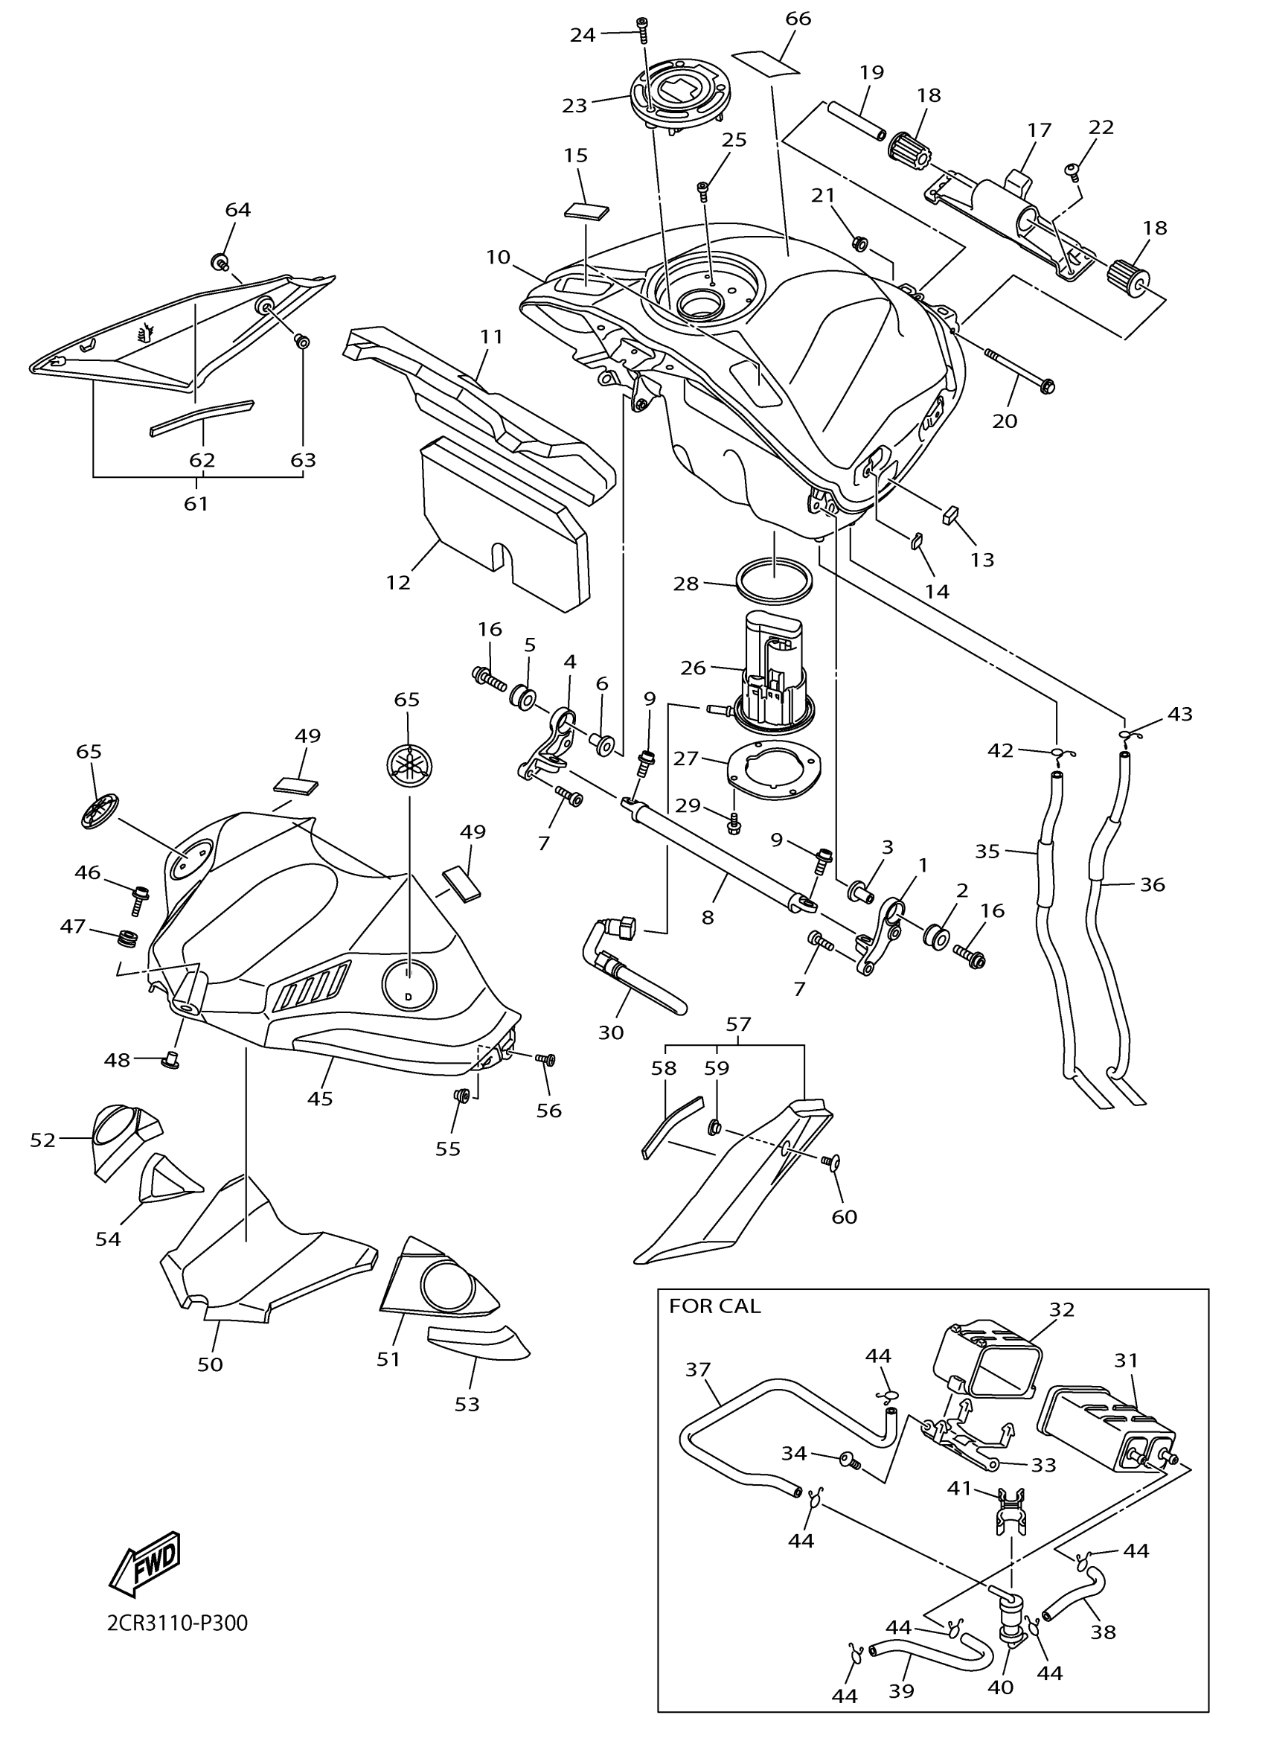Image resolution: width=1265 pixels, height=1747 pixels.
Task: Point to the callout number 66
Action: tap(798, 19)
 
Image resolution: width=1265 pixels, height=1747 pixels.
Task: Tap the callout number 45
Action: tap(319, 1099)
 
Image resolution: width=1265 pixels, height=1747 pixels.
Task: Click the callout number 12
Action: tap(398, 583)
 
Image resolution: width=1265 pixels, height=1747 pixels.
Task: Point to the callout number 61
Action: tap(196, 504)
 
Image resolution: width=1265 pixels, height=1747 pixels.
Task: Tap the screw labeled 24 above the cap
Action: tap(643, 29)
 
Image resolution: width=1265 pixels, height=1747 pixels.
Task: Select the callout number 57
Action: tap(737, 1023)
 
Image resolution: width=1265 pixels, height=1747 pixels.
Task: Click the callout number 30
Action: tap(611, 1032)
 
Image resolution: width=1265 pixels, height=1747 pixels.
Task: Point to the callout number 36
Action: tap(1152, 885)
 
